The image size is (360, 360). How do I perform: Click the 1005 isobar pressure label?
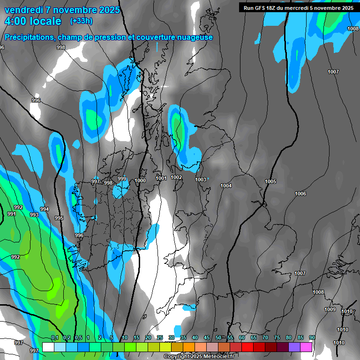click(x=270, y=181)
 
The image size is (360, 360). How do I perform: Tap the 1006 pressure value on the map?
click(x=300, y=194)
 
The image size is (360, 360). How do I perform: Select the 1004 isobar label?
click(x=226, y=186)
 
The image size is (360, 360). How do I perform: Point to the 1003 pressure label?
click(x=201, y=180)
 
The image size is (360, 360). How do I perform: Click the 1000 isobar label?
click(x=140, y=180)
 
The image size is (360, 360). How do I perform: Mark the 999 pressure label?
click(x=122, y=179)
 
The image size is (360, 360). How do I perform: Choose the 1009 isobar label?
click(x=330, y=309)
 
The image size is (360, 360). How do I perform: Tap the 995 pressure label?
click(x=59, y=218)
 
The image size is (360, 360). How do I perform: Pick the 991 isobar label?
click(x=12, y=214)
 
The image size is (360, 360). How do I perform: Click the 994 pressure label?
click(x=45, y=209)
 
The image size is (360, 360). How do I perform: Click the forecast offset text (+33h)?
click(x=81, y=21)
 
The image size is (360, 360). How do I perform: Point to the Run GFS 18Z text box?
click(x=298, y=7)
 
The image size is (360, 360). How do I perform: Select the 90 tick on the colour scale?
click(x=312, y=337)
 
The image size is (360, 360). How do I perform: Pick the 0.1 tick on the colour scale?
click(x=55, y=337)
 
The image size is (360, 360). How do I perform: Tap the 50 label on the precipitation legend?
click(x=218, y=337)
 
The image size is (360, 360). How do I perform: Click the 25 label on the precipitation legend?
click(x=160, y=337)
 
